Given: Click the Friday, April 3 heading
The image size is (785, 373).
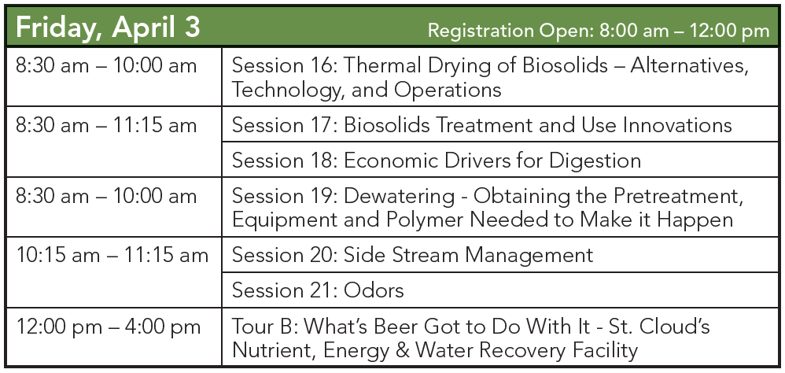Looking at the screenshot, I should pos(108,27).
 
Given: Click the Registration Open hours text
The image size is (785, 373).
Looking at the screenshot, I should pos(598,31).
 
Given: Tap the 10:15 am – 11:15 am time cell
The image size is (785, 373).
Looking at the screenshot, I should pos(112,255).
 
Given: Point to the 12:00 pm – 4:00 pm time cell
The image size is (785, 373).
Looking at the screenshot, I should pos(108,327).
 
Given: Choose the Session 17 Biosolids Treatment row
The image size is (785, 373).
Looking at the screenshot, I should pos(482,125).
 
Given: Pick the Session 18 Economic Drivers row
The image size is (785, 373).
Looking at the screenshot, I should pos(437,161).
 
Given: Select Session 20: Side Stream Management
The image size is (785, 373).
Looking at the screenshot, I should pos(412,255).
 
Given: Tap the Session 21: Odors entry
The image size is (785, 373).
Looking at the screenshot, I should pos(318,290).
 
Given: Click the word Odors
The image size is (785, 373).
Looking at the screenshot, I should pos(374,290).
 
